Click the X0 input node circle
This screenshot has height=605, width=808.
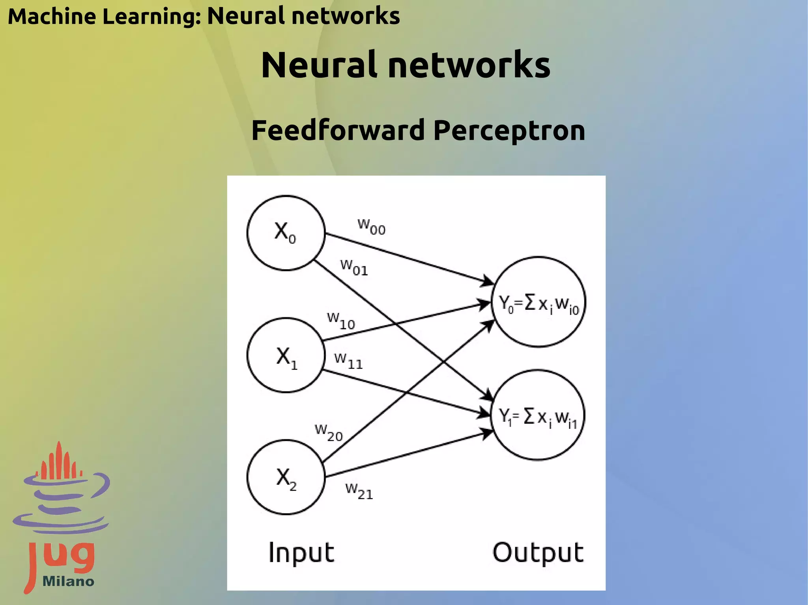tap(286, 233)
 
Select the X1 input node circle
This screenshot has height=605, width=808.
tap(286, 355)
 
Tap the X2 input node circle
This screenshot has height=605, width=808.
tap(286, 477)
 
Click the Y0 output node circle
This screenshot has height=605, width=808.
tap(539, 302)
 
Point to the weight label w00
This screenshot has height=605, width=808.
tap(371, 227)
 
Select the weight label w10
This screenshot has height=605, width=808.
tap(341, 321)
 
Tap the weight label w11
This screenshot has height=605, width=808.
tap(348, 361)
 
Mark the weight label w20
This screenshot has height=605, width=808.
tap(329, 432)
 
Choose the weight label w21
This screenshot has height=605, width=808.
tap(359, 491)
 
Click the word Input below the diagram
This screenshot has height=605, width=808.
tap(301, 553)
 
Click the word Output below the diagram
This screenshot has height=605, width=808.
tap(538, 553)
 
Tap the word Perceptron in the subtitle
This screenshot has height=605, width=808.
tap(509, 131)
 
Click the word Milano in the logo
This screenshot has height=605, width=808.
tap(68, 581)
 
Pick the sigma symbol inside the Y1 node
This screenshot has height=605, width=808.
tap(529, 416)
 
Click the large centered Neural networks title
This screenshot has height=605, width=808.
tap(406, 65)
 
